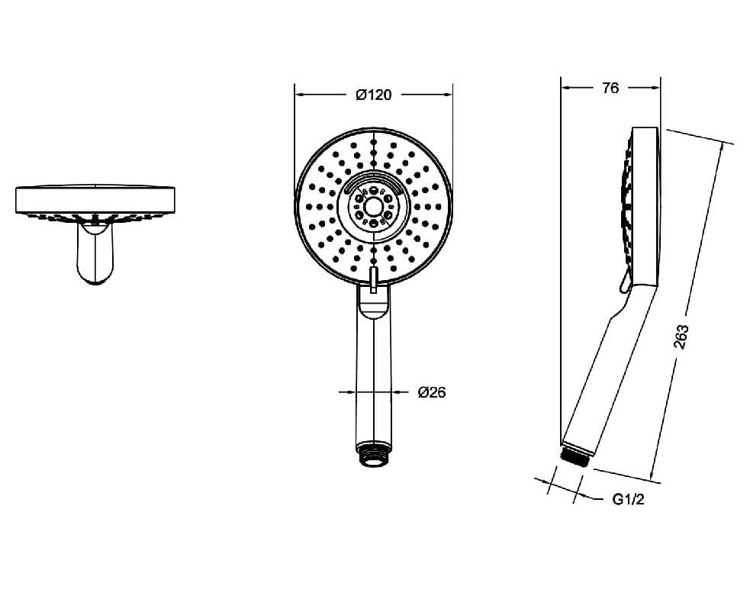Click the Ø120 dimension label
373,95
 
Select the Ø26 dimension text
432,393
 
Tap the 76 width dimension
610,88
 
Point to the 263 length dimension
681,337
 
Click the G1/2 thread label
629,500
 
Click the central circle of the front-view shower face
373,207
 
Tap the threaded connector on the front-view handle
372,457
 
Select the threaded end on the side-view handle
576,456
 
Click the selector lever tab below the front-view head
373,280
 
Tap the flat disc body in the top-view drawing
95,200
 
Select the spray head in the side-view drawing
643,206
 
